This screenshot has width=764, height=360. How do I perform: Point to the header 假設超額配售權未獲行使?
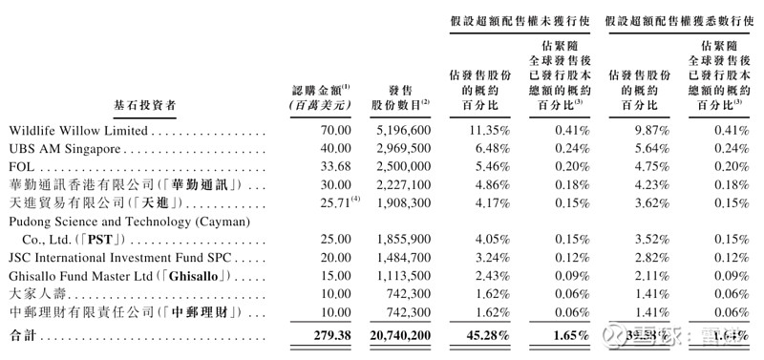tap(519, 18)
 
